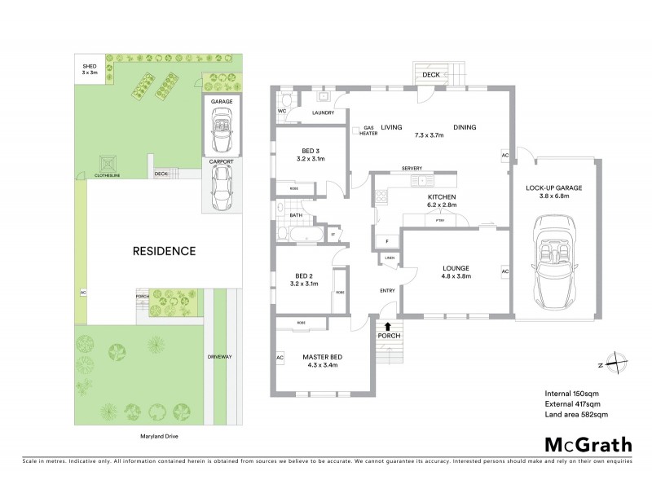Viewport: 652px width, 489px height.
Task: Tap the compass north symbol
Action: point(619,363)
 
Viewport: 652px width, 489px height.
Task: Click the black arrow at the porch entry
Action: point(387,327)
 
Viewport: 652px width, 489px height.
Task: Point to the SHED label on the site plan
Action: point(87,67)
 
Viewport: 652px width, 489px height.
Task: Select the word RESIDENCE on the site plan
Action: point(164,251)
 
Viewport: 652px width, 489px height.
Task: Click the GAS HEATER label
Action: point(368,130)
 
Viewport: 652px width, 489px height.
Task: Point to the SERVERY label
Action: point(411,169)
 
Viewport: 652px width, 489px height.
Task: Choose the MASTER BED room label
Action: point(321,357)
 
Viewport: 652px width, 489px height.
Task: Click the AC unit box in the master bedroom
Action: point(280,358)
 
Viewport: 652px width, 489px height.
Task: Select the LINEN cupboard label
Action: point(390,258)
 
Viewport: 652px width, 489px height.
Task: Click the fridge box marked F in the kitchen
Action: point(386,240)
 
